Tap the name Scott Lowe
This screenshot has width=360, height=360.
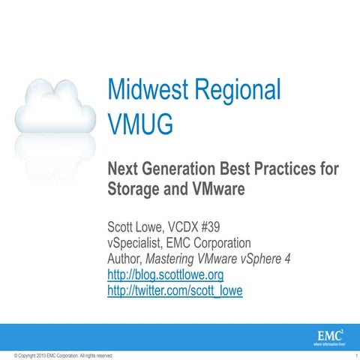(139, 226)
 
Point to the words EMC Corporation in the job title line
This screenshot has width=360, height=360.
(214, 243)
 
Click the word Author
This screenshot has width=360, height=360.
(124, 259)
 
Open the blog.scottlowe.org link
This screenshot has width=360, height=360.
(166, 274)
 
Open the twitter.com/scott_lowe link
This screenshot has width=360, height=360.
(175, 290)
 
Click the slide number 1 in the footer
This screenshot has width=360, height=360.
(353, 355)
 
